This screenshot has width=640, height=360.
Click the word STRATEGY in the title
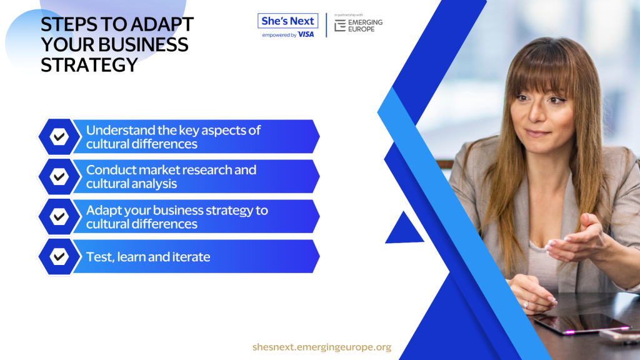(89, 65)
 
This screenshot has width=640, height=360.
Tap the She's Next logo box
(287, 21)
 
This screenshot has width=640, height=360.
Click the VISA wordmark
(306, 35)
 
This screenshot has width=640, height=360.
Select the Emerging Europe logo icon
(339, 26)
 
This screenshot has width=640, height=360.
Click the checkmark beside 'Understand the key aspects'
(59, 136)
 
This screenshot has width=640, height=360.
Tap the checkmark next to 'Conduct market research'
(59, 176)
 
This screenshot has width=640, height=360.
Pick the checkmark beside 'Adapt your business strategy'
(59, 216)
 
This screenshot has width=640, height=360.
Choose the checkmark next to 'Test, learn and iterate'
(59, 256)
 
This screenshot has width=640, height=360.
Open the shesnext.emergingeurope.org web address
(322, 347)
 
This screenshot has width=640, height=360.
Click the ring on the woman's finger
(526, 304)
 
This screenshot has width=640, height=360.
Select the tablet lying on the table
(582, 323)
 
